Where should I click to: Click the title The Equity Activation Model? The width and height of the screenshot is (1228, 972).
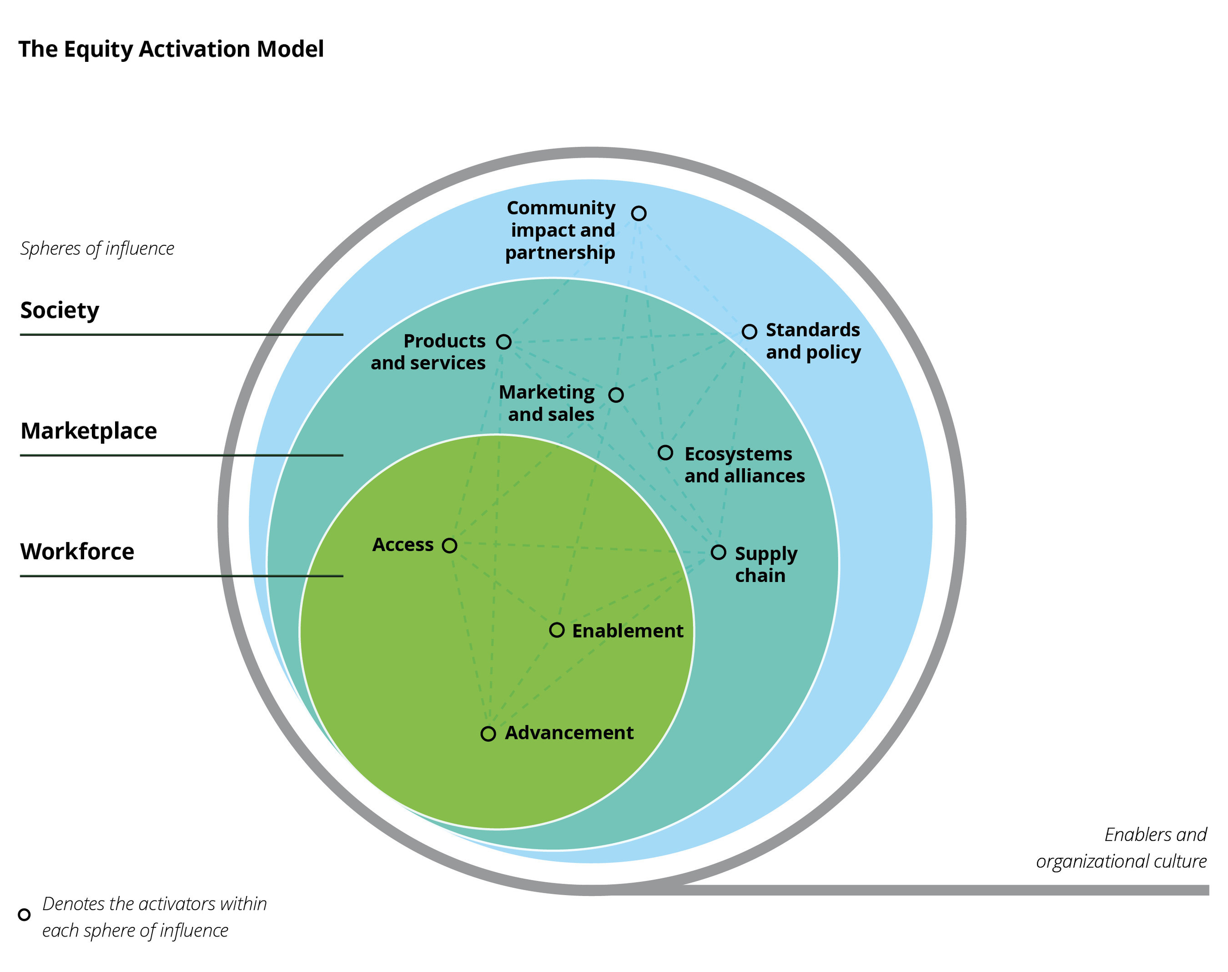point(171,49)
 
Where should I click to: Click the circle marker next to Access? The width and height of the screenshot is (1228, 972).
point(449,545)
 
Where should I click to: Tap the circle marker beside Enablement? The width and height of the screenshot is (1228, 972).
point(556,629)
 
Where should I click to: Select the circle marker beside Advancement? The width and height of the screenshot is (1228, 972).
point(488,733)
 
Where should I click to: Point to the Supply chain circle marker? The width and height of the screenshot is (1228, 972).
point(718,552)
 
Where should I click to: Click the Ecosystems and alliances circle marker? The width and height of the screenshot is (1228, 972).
point(665,452)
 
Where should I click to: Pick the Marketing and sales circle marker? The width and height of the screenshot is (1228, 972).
point(615,395)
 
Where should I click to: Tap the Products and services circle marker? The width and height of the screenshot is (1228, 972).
point(503,341)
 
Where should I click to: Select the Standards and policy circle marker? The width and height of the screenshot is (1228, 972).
point(749,331)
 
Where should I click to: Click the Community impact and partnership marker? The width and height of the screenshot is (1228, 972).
point(638,213)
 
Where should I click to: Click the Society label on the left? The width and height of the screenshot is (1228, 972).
point(60,311)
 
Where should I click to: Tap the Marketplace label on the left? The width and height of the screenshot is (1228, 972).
point(88,431)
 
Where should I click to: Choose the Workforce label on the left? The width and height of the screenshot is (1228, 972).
point(77,552)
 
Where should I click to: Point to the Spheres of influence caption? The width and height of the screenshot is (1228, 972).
point(97,249)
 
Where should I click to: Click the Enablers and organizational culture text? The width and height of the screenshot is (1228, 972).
point(1121,847)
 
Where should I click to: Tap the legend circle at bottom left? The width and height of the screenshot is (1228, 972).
point(24,914)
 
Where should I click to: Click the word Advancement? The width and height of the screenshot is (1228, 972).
point(569,733)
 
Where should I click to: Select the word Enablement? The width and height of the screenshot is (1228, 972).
point(627,631)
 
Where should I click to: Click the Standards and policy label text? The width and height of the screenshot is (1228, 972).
point(813,341)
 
